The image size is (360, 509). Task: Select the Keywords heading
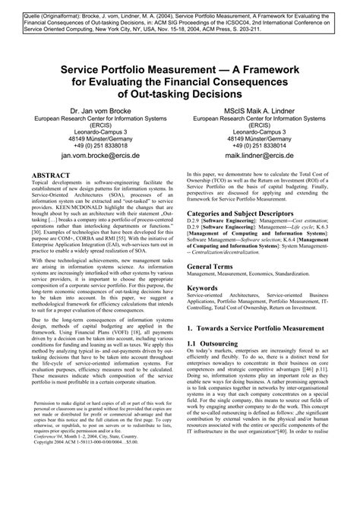(207, 289)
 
